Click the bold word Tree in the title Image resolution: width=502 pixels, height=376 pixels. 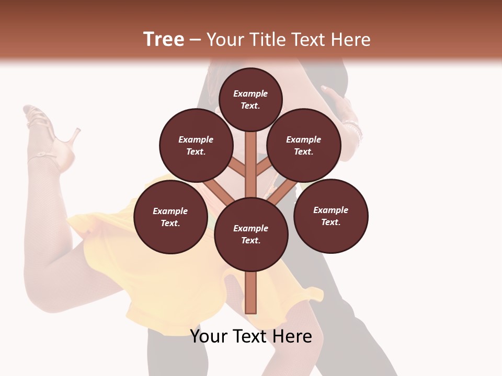(164, 40)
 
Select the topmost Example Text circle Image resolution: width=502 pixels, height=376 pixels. (250, 99)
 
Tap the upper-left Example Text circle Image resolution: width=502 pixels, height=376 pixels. (196, 146)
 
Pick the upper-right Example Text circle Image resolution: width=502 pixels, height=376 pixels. (304, 146)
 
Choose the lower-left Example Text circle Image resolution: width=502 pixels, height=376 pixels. (170, 217)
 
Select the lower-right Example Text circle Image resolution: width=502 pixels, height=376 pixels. (331, 216)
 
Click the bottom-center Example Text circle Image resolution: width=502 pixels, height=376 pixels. (251, 234)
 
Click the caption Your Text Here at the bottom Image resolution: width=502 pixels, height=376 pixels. (251, 336)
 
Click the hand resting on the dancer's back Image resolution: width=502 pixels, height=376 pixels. (340, 102)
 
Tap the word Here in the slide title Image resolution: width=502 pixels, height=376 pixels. (349, 40)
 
